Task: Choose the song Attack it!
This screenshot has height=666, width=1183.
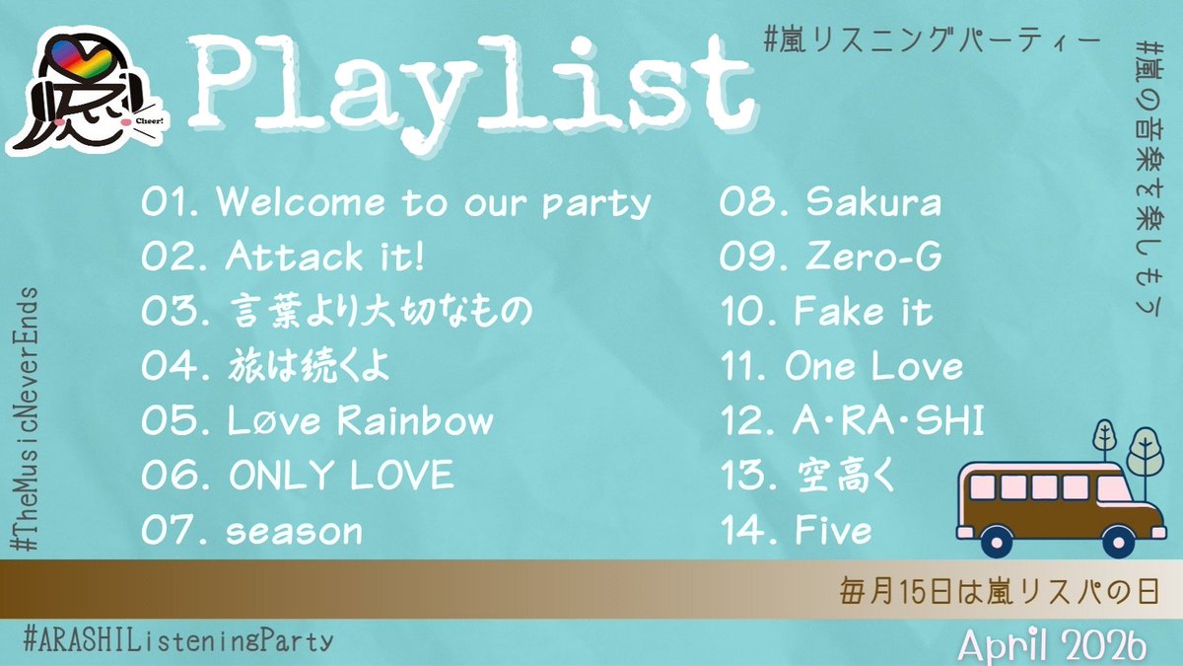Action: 284,259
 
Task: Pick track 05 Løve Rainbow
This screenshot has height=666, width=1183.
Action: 317,422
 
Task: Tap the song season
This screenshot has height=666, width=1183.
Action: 252,532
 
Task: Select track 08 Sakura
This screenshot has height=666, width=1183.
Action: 830,203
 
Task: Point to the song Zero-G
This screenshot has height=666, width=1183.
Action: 830,259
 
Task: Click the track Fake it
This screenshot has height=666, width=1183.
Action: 826,313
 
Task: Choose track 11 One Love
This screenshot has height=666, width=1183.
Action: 842,368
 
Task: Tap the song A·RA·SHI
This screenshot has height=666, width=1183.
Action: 852,422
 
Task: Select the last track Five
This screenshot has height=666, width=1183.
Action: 797,532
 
